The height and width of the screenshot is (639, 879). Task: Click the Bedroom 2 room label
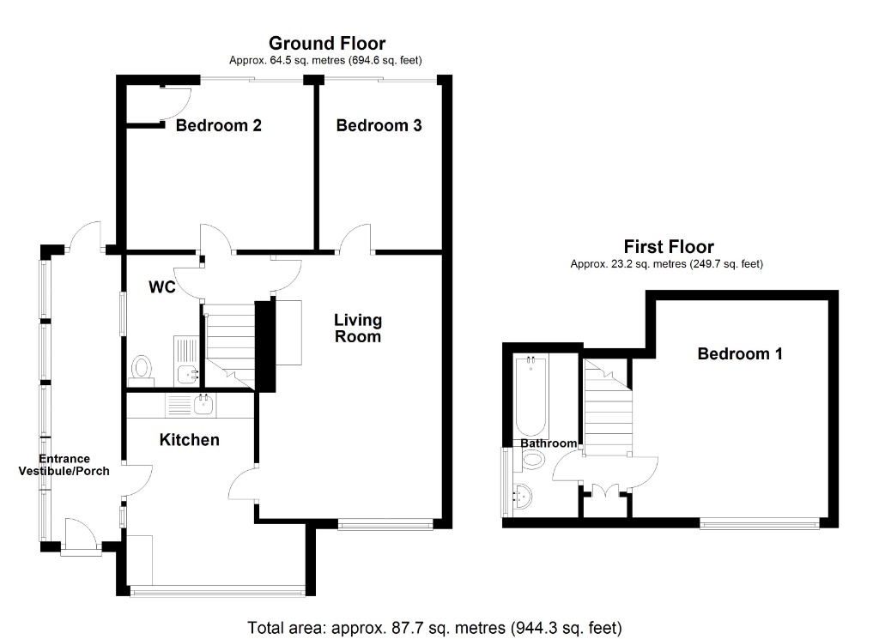218,126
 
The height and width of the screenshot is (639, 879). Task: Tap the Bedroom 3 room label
379,126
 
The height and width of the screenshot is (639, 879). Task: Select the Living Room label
358,329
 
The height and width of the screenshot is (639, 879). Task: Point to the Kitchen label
190,440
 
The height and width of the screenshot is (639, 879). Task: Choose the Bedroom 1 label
739,353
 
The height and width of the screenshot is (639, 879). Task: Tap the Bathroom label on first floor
549,443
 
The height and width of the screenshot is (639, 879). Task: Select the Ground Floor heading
326,43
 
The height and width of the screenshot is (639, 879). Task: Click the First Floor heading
668,247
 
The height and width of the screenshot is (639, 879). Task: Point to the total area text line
433,628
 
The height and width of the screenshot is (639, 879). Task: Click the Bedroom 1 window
758,522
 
